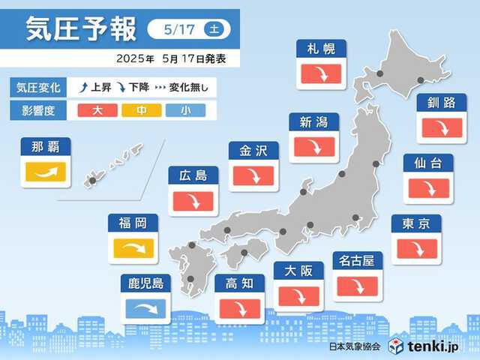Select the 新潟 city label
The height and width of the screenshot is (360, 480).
pos(313,121)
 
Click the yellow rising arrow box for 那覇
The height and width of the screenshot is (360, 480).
pos(46,173)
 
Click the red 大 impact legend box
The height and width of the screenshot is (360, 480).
pos(98,110)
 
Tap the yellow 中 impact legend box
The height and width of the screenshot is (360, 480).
pos(139,110)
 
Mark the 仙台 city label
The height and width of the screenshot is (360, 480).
pos(427,163)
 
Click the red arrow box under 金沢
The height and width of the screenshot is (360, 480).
pos(253,175)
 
